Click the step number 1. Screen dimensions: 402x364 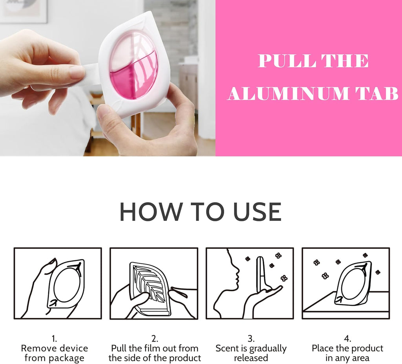pyautogui.click(x=54, y=339)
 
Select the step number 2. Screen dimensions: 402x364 pyautogui.click(x=155, y=339)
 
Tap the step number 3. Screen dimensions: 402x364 pyautogui.click(x=251, y=339)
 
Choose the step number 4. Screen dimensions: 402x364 pyautogui.click(x=347, y=339)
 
